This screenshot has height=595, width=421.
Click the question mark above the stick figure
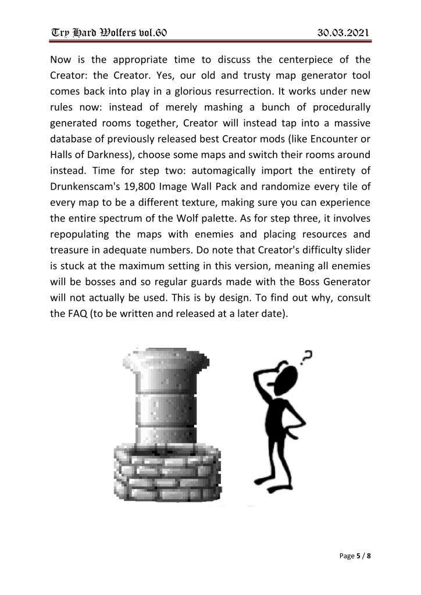(307, 354)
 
